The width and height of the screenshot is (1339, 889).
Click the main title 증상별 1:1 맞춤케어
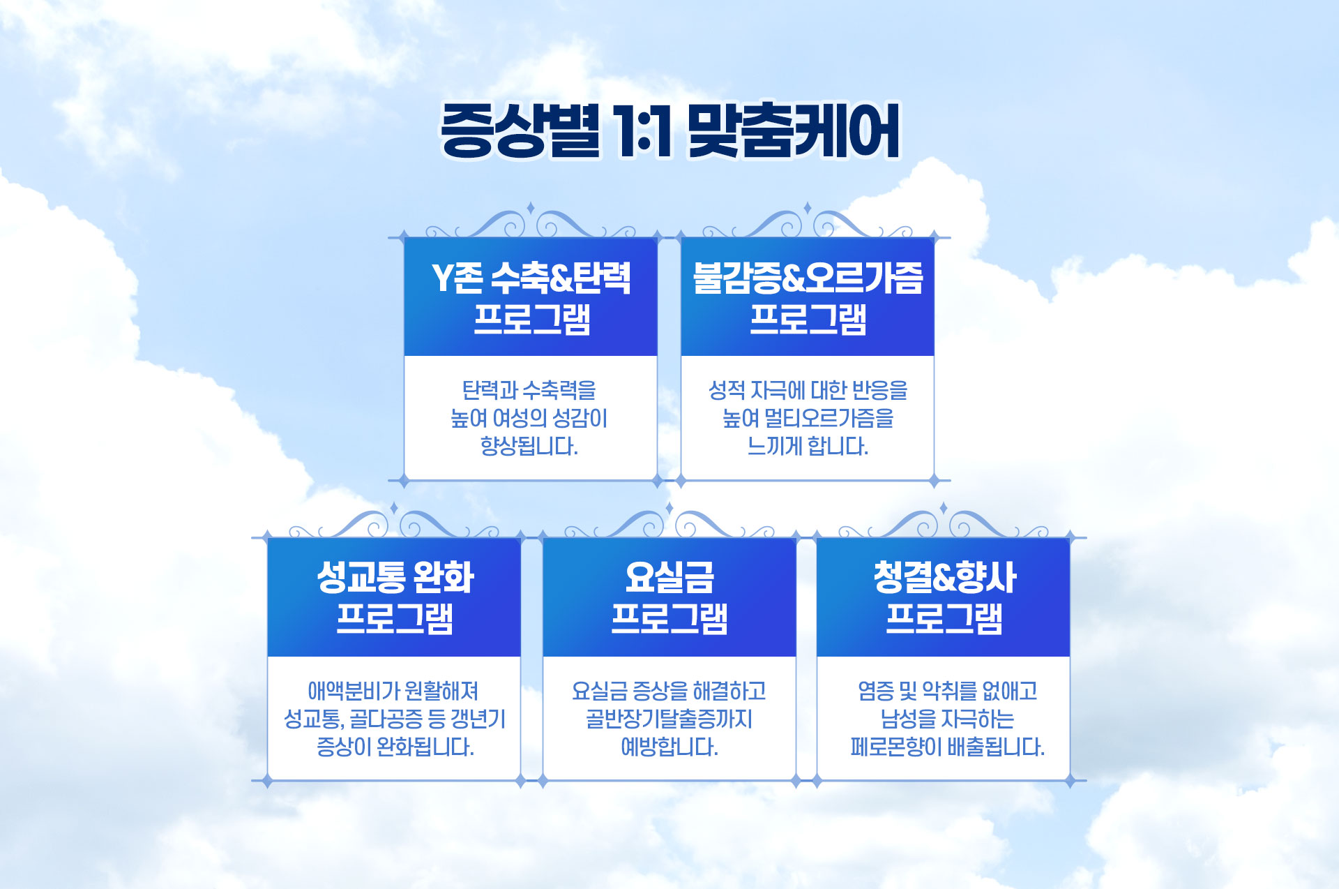(x=670, y=130)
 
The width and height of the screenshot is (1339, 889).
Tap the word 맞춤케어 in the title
(x=794, y=130)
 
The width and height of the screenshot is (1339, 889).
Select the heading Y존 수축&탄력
(x=531, y=278)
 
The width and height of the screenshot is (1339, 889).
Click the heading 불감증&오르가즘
(x=808, y=278)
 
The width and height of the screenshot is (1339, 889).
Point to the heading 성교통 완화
(x=395, y=578)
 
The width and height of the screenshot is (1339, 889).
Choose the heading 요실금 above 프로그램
(x=669, y=578)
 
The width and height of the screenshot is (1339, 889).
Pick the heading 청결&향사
(x=944, y=578)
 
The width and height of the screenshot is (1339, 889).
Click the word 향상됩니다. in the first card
(x=529, y=446)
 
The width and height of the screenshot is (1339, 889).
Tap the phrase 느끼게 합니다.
(x=808, y=446)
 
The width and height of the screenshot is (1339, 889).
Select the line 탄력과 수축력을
(x=529, y=390)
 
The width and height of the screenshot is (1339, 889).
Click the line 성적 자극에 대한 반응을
(x=808, y=390)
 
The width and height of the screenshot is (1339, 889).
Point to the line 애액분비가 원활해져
(x=393, y=691)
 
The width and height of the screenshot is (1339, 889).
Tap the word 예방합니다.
(x=669, y=747)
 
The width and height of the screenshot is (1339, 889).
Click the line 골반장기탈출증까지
(x=669, y=719)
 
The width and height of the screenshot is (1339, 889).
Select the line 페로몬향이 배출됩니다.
(x=947, y=747)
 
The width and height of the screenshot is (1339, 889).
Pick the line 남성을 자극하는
(x=947, y=719)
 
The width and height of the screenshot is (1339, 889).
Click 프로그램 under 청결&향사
(x=944, y=619)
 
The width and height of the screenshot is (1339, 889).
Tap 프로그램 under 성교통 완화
(x=395, y=619)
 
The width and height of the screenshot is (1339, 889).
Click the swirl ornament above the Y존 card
(x=531, y=222)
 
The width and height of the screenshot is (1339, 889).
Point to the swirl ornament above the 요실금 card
(x=669, y=522)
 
